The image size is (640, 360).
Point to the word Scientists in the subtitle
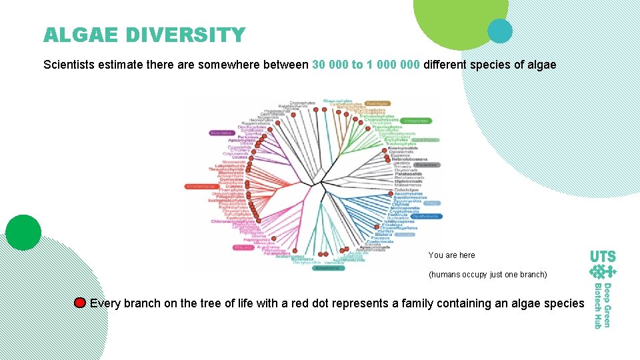[71, 65]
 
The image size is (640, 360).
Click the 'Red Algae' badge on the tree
[377, 104]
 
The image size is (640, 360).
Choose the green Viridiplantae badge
[415, 121]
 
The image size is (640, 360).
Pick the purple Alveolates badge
[221, 133]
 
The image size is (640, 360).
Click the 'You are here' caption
[451, 255]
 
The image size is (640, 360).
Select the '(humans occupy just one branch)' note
[487, 275]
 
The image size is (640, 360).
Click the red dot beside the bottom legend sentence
[80, 303]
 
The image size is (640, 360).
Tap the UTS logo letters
[603, 256]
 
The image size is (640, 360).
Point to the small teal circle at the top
[499, 30]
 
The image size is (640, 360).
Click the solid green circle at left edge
[23, 233]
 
